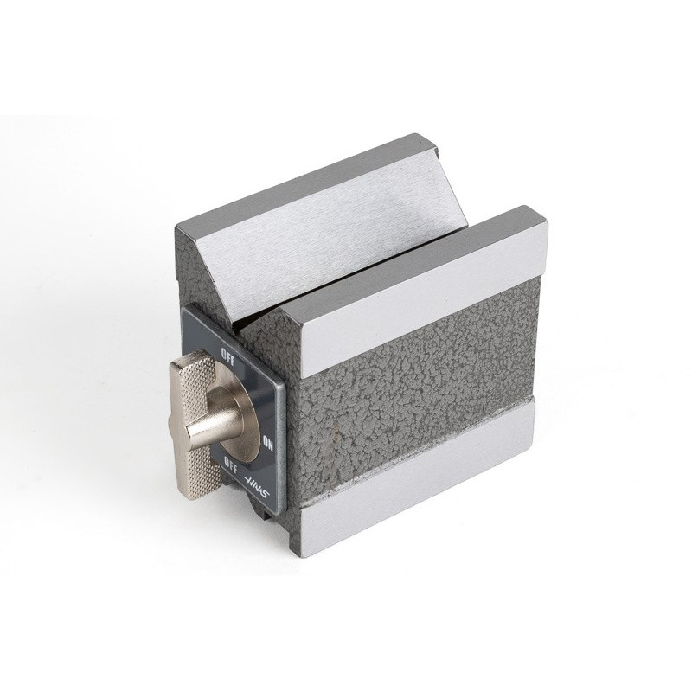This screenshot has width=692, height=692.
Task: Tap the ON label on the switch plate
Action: point(268,443)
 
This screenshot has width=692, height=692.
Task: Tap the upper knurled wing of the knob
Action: point(192,370)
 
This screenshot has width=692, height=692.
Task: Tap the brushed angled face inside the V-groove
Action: point(327,229)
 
